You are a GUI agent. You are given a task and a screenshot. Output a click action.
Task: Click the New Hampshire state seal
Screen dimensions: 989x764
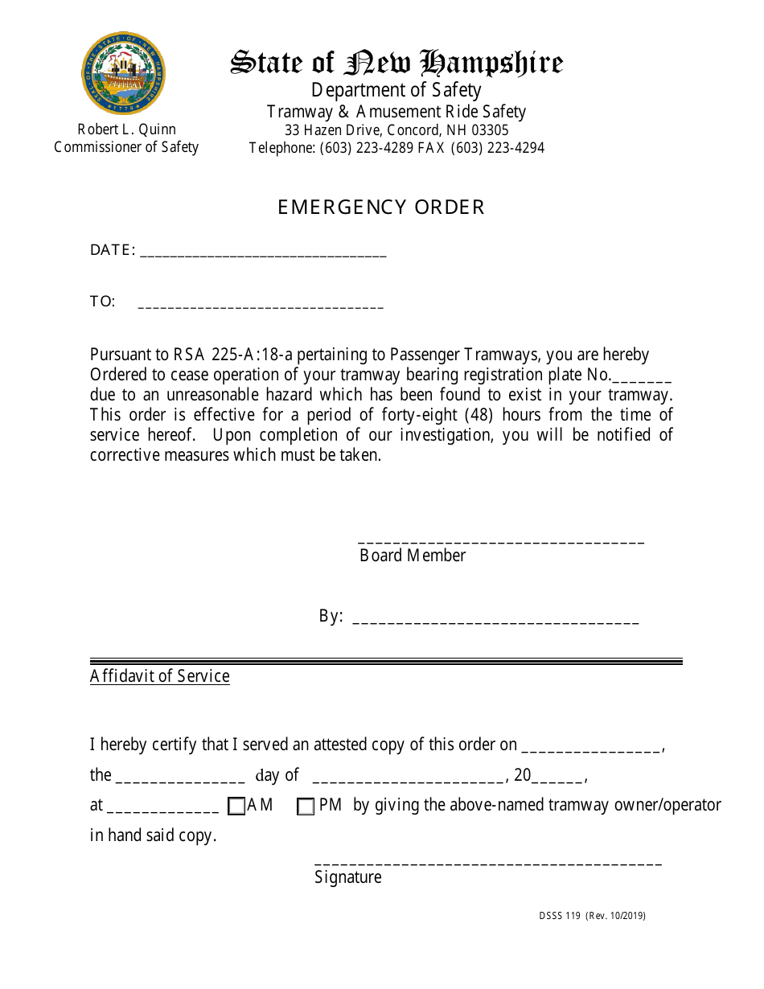[123, 74]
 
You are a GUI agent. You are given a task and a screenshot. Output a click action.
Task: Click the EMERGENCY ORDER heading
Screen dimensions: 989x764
[381, 207]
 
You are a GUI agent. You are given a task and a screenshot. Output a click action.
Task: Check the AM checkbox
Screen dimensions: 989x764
[236, 806]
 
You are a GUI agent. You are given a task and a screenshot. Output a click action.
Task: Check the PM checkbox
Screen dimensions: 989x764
[306, 806]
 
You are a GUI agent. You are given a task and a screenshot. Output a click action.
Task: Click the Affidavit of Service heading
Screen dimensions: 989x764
[159, 676]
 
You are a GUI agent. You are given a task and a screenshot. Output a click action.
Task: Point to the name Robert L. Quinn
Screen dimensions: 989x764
[126, 129]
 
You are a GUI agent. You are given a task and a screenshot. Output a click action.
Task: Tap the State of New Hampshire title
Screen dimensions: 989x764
[396, 63]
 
